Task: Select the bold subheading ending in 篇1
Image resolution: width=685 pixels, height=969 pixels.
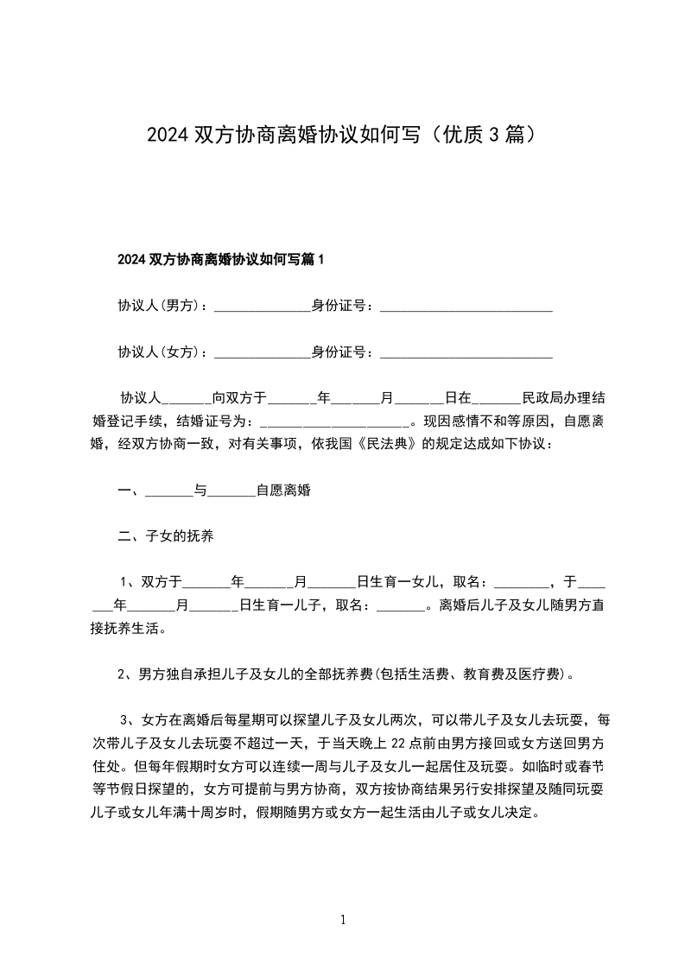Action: [220, 259]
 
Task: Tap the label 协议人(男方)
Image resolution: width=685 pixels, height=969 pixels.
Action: [162, 306]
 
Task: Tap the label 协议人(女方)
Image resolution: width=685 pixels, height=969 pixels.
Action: [162, 352]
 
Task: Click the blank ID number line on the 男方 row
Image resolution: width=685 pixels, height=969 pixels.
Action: [466, 307]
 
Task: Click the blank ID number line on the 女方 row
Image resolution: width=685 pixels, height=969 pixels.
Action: [466, 354]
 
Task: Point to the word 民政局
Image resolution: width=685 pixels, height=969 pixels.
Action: [542, 399]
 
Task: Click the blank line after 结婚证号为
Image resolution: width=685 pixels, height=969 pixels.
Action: [334, 423]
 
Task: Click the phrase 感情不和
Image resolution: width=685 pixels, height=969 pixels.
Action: [472, 422]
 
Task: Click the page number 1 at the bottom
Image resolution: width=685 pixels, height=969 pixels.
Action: [343, 921]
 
